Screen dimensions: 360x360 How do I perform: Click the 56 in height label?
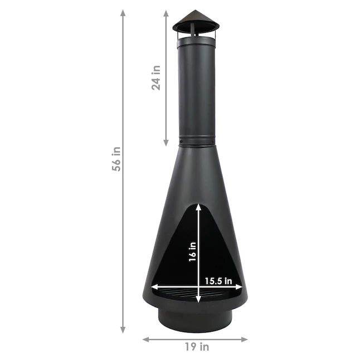click(x=116, y=159)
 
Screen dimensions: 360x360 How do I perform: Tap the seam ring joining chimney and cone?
click(x=195, y=142)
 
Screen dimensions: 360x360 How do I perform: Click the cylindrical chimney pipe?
click(x=195, y=89)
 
